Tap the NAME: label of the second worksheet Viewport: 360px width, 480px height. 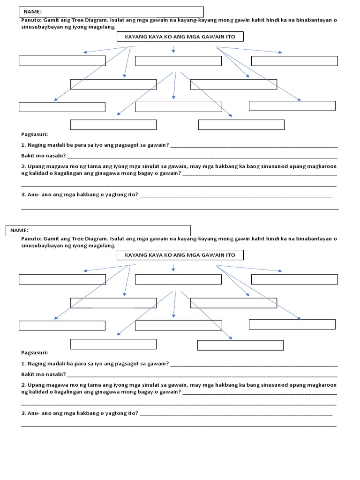(x=20, y=230)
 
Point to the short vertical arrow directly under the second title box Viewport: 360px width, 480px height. (x=173, y=268)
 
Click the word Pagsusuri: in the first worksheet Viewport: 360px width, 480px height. (x=34, y=134)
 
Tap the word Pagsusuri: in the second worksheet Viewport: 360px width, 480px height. (x=34, y=352)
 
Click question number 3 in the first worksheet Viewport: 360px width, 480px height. (x=80, y=195)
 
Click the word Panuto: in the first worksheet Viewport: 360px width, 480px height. (x=31, y=21)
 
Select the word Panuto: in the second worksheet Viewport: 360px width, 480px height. (x=31, y=239)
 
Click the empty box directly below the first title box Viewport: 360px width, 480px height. (x=178, y=61)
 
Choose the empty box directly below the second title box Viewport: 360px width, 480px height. (x=178, y=279)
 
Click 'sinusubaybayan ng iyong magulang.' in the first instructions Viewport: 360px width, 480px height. (x=68, y=27)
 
